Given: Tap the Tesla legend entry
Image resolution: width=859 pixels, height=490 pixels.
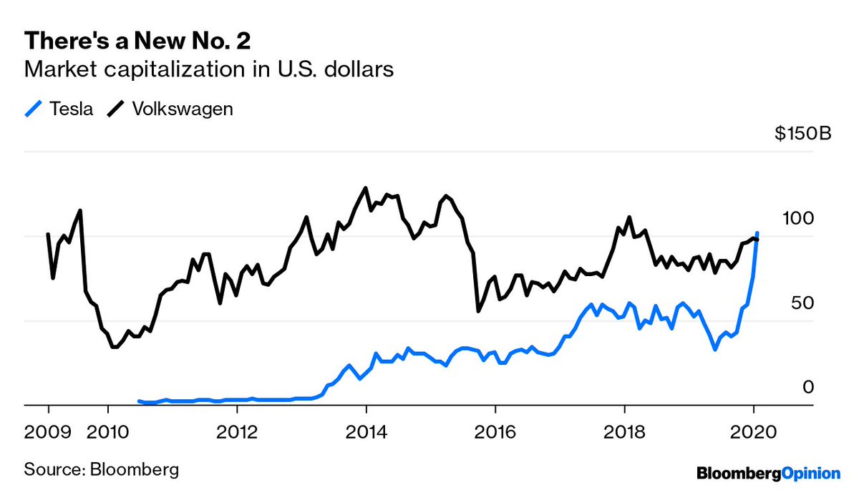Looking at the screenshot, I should click(60, 109).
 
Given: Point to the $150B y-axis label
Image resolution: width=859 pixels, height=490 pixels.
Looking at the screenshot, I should click(802, 134).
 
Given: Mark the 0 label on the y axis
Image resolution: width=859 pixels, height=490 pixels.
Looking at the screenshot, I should click(808, 387).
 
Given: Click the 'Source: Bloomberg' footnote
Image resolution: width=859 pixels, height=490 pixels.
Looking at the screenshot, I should click(102, 469).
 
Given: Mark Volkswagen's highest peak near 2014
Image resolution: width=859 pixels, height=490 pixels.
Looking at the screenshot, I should click(366, 188).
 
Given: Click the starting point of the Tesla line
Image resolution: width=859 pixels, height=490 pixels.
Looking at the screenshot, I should click(139, 401).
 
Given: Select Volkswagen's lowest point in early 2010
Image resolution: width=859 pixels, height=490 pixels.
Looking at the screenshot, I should click(114, 347).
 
